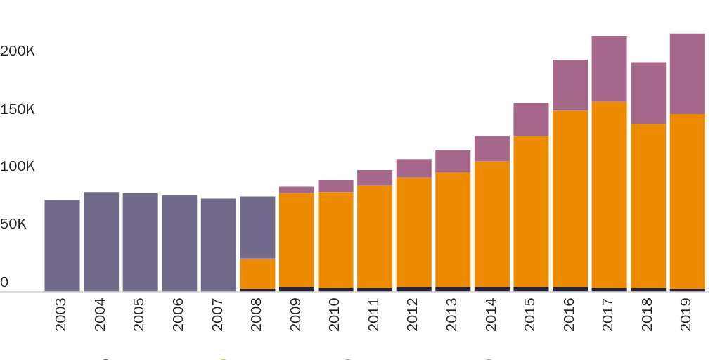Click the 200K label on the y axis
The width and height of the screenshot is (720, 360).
(x=18, y=51)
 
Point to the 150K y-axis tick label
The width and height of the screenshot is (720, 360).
(x=18, y=110)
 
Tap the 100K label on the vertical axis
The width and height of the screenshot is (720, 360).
(x=18, y=167)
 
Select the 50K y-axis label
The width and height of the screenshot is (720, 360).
(x=13, y=224)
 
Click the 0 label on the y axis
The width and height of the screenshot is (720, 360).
(x=4, y=283)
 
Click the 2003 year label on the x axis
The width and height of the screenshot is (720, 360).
(x=61, y=314)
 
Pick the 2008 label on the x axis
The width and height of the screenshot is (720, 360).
(x=257, y=314)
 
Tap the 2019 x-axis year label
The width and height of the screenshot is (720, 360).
(x=686, y=314)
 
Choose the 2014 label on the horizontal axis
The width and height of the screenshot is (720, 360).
(x=491, y=314)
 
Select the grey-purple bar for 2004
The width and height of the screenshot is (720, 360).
(x=101, y=241)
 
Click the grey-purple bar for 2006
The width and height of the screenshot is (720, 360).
(x=179, y=243)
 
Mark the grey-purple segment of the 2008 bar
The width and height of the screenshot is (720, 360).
(x=257, y=227)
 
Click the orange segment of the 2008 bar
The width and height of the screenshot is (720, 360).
(x=257, y=274)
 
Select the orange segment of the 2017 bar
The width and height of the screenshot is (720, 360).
(x=609, y=195)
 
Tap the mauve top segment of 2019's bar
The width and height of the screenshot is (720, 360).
(x=687, y=74)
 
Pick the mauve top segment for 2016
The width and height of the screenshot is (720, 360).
(x=570, y=85)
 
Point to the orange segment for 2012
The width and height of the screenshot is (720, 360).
(x=413, y=232)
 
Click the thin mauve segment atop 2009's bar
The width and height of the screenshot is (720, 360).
(x=297, y=190)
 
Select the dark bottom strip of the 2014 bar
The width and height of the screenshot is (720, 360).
(x=491, y=288)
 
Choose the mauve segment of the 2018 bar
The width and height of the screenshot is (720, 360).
(x=648, y=93)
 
